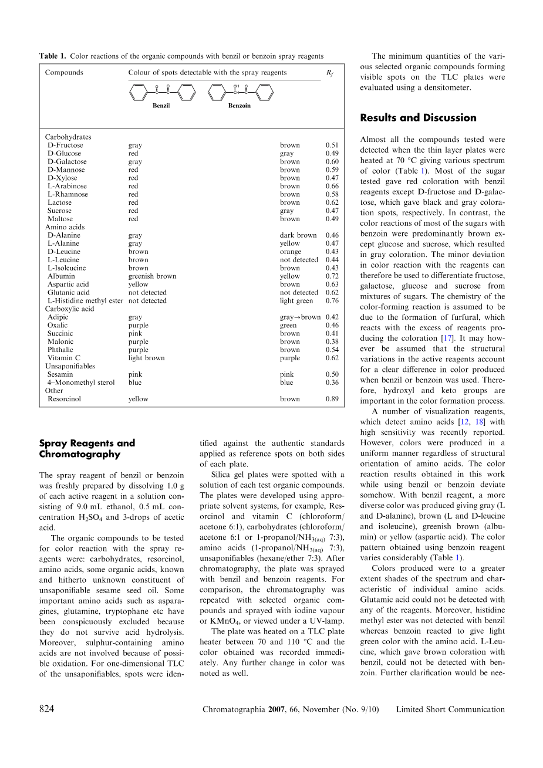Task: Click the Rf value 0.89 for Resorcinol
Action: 332,399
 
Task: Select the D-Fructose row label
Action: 65,146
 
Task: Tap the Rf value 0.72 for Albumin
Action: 332,276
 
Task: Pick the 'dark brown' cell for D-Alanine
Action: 298,235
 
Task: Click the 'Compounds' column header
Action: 64,73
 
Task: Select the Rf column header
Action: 329,73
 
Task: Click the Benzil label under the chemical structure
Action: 161,106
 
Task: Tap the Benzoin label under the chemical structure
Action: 240,106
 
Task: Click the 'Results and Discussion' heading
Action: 418,118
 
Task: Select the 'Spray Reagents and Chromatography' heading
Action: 87,449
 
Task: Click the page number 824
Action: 47,709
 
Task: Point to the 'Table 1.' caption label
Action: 52,56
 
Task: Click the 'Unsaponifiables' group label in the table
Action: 70,366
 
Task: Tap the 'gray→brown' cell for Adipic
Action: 300,317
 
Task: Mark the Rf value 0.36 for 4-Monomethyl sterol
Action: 332,383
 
